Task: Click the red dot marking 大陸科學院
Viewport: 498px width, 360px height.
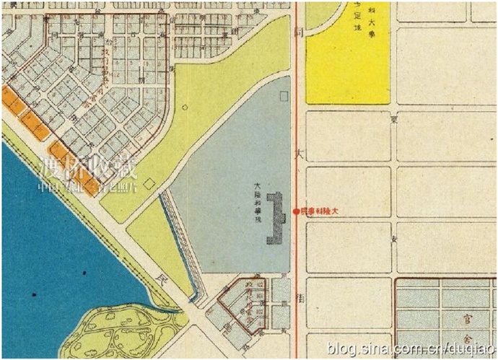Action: point(296,211)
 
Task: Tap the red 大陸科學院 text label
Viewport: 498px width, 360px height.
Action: point(319,211)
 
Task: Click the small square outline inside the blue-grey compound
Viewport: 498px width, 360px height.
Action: point(284,95)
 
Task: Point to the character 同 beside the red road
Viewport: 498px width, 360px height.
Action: point(297,34)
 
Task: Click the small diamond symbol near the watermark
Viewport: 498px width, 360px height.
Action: point(149,184)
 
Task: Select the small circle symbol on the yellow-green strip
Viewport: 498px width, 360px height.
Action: point(185,107)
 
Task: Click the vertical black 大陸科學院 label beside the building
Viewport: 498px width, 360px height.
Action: point(256,203)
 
